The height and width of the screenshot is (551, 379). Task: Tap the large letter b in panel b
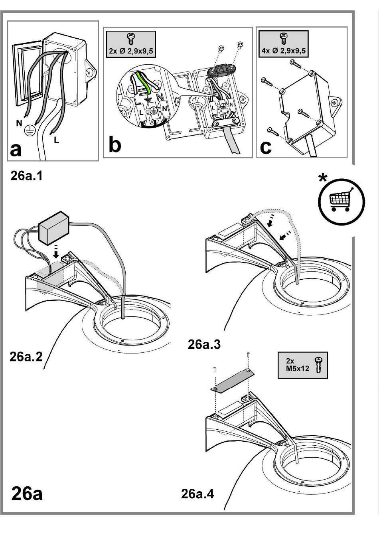[x=115, y=145]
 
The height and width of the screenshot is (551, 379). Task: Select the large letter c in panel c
[x=265, y=147]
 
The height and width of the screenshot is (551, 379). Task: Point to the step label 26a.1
[x=26, y=176]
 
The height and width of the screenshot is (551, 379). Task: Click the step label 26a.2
[x=26, y=356]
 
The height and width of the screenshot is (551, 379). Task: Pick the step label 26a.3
[x=204, y=344]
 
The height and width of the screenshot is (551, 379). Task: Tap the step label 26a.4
[x=197, y=494]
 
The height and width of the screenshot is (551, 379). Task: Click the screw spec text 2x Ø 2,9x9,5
[x=130, y=51]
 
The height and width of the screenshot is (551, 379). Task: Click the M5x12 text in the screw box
[x=298, y=369]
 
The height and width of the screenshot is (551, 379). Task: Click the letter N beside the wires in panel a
[x=19, y=123]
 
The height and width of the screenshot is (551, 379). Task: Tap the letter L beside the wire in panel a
[x=57, y=140]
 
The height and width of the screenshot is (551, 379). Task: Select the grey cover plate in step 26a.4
[x=231, y=380]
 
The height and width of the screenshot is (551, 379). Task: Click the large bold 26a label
[x=27, y=494]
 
